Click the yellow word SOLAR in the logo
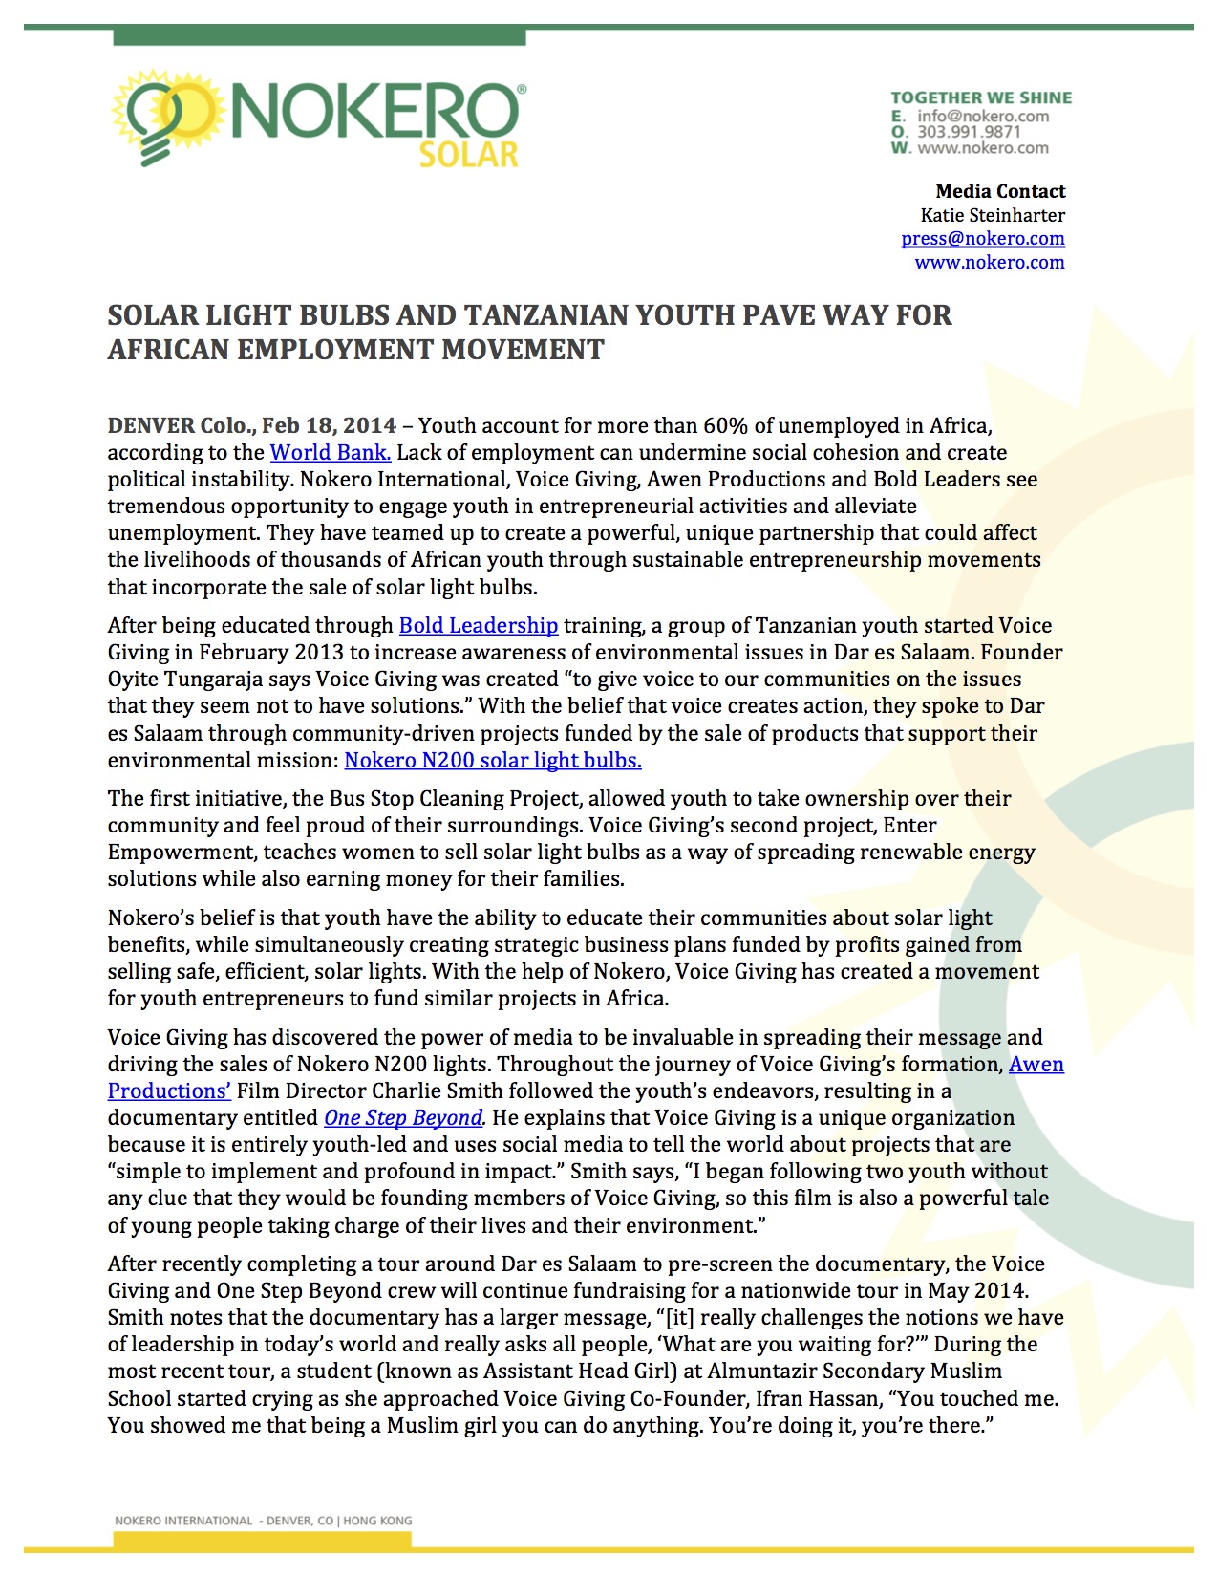(x=468, y=155)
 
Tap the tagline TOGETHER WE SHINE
(x=981, y=97)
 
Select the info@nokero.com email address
(x=983, y=116)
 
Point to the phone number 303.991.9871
(x=969, y=132)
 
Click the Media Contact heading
(x=1000, y=191)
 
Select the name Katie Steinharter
(x=993, y=215)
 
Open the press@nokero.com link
(x=983, y=239)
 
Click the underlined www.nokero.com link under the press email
(x=990, y=263)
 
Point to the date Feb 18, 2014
(x=329, y=425)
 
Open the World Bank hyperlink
(x=331, y=452)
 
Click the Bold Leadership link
(x=478, y=625)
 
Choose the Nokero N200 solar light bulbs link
(x=493, y=760)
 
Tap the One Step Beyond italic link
(x=403, y=1117)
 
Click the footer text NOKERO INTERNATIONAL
(x=183, y=1521)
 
